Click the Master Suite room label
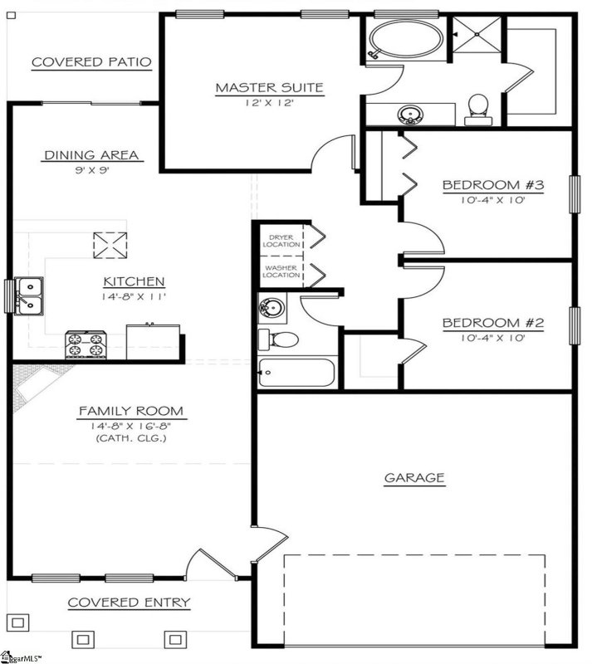coord(269,87)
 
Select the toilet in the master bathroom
coord(477,107)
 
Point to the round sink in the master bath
coord(409,114)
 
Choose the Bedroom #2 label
coord(492,323)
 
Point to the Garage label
coord(414,478)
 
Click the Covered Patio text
coord(91,62)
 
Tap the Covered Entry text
coord(129,603)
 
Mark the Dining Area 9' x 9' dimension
coord(91,170)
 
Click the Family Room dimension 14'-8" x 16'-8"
coord(130,425)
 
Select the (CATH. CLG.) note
coord(130,437)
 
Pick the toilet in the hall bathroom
coord(279,339)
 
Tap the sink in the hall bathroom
coord(272,307)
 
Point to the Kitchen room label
coord(134,282)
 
